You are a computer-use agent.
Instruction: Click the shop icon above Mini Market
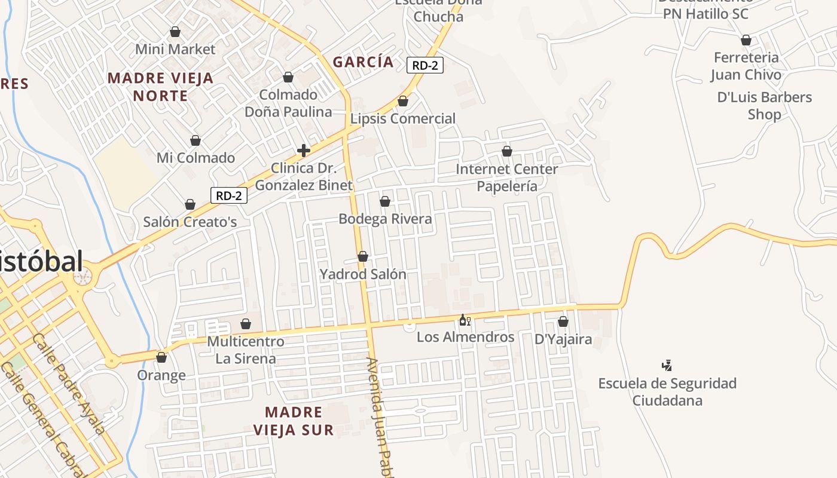[175, 31]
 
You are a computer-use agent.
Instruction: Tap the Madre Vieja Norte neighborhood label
[160, 87]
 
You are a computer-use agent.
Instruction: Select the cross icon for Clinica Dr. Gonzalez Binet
[304, 150]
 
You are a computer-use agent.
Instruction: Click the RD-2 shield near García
[425, 65]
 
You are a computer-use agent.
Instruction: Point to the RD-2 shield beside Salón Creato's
[229, 195]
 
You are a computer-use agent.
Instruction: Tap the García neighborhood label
[363, 62]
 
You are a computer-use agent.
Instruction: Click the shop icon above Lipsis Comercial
[403, 101]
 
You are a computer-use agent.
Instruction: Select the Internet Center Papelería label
[507, 177]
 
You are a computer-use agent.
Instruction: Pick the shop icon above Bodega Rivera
[385, 201]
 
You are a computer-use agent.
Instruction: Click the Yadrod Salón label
[363, 274]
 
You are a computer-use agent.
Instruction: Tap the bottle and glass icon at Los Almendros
[465, 320]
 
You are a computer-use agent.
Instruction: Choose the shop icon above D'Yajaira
[563, 321]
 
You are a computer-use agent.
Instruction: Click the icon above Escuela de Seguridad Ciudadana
[667, 365]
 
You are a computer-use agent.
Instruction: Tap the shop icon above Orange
[161, 357]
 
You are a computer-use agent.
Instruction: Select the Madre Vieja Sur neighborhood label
[294, 421]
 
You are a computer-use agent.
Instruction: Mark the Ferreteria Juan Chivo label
[746, 66]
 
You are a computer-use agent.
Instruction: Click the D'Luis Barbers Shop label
[765, 105]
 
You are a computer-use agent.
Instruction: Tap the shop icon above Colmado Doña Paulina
[288, 77]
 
